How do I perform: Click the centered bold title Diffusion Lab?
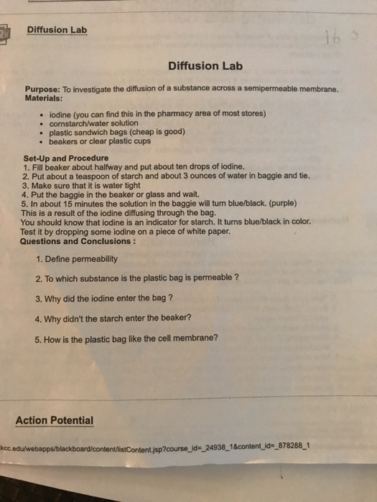(x=205, y=66)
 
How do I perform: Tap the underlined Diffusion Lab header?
(x=56, y=30)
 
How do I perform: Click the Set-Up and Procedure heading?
(x=66, y=158)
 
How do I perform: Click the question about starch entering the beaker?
(x=113, y=318)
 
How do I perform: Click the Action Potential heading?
(x=55, y=420)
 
